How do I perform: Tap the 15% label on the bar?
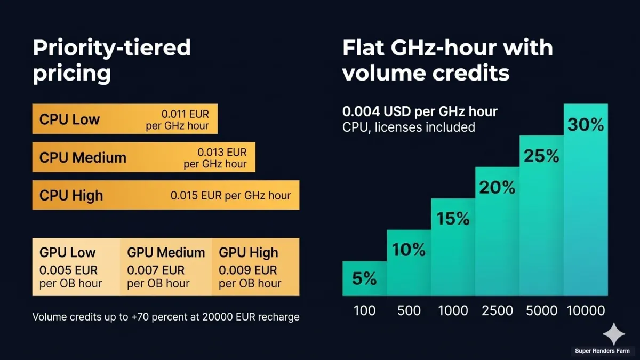(453, 219)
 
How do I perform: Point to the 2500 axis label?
(497, 311)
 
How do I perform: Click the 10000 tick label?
(586, 311)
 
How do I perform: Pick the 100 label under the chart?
(364, 311)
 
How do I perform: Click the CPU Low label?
(69, 119)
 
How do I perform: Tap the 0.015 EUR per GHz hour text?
(230, 195)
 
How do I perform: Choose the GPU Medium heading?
(166, 253)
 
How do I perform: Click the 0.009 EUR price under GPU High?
(248, 270)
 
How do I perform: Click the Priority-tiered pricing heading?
(111, 60)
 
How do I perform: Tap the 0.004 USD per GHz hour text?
(420, 112)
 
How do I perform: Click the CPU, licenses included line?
(409, 127)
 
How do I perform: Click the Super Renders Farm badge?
(602, 351)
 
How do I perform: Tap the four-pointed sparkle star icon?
(614, 334)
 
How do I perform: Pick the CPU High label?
(71, 195)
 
